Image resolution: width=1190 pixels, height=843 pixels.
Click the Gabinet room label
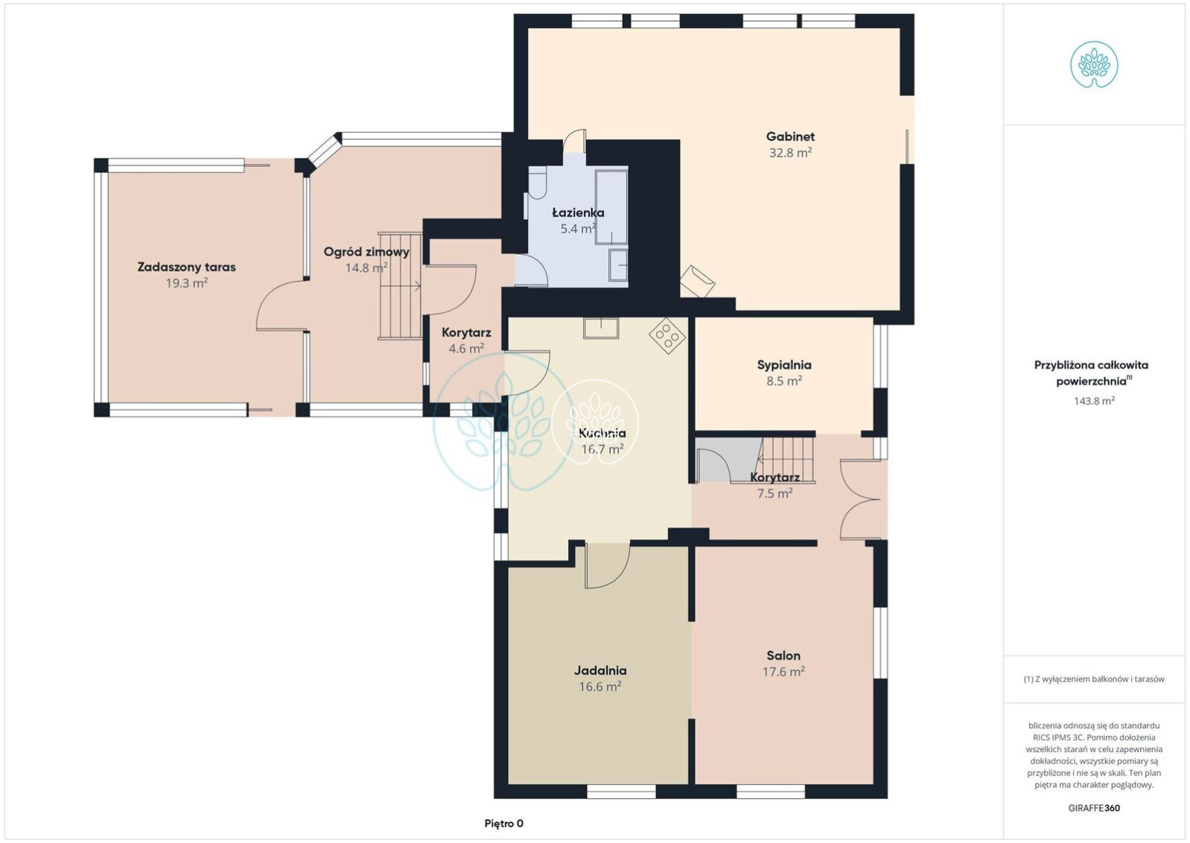790,136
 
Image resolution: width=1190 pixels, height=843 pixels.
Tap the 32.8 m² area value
790,153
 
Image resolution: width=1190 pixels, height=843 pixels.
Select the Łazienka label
578,212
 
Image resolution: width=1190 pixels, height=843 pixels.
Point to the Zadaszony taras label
186,267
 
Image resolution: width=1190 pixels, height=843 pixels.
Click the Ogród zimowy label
366,252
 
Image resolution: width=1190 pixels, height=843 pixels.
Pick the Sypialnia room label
784,365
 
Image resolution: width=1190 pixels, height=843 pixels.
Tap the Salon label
783,656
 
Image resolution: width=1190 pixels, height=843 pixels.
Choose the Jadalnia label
600,671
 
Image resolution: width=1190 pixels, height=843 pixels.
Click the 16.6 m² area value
600,686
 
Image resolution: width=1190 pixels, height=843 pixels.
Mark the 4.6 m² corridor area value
466,349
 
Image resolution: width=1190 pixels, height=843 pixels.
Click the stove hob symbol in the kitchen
666,335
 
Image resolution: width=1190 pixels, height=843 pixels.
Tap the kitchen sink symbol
601,328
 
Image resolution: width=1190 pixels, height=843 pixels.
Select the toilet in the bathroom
537,183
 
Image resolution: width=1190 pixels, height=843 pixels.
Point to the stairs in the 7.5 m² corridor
787,460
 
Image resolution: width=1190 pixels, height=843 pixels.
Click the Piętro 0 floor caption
503,824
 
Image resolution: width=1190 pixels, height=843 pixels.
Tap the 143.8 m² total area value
1094,401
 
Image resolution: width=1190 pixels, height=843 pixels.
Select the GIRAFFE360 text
1094,808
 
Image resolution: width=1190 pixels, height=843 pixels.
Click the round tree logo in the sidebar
1094,65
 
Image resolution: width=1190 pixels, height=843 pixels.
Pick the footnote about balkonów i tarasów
1094,679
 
